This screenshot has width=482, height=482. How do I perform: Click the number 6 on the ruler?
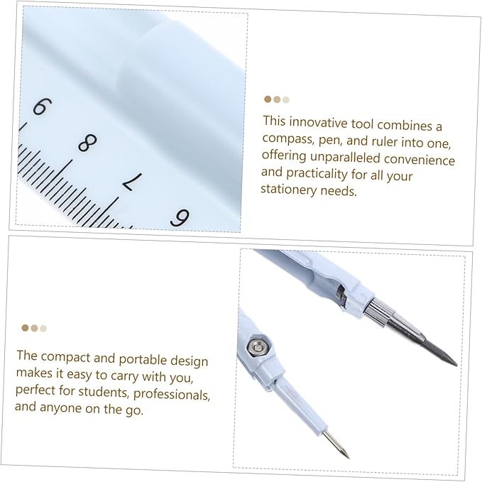(x=40, y=106)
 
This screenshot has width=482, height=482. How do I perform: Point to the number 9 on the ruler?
(x=180, y=217)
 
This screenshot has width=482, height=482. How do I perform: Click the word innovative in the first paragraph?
(x=321, y=122)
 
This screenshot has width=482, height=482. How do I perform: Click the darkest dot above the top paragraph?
(x=268, y=100)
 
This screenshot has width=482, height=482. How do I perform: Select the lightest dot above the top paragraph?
(x=286, y=100)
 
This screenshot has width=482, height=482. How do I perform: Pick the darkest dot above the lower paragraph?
(x=25, y=328)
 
